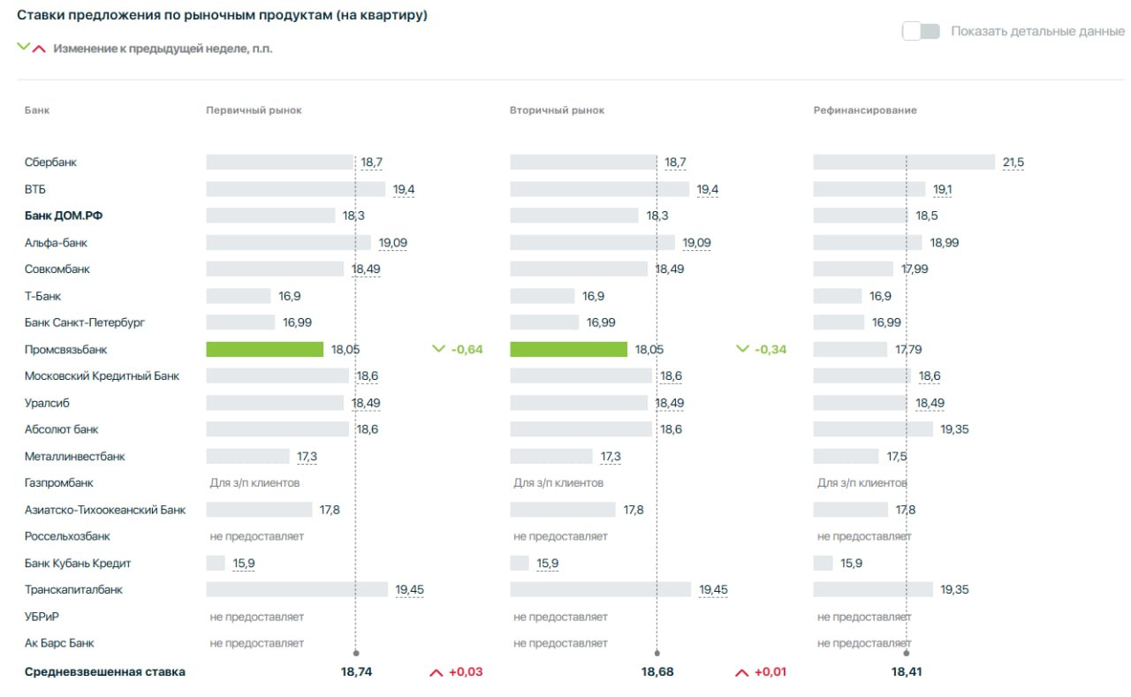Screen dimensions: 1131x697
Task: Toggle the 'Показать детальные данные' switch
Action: (921, 31)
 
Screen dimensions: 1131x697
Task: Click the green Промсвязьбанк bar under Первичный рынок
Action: (264, 349)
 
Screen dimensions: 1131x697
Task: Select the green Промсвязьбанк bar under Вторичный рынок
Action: (568, 349)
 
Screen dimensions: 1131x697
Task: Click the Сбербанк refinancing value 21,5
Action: (1013, 163)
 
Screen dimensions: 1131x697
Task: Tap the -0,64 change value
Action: (467, 349)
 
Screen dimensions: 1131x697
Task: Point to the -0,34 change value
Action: (770, 349)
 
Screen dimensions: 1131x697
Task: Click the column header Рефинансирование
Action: (865, 110)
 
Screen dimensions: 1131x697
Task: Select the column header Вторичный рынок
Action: (557, 110)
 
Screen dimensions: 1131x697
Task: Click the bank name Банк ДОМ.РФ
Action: (64, 216)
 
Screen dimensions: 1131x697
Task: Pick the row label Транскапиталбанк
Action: (73, 589)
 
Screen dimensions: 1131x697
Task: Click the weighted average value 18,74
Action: (356, 671)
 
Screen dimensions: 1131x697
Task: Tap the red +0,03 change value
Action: (466, 671)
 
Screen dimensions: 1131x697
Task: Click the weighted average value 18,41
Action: (907, 671)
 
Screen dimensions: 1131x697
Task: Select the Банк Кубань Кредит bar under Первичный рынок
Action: (216, 563)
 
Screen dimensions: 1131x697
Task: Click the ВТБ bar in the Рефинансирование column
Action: (869, 189)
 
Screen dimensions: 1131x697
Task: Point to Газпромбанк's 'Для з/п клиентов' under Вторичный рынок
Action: (558, 483)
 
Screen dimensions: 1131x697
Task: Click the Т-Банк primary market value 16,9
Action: (290, 296)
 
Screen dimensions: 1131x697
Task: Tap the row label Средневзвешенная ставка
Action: (105, 671)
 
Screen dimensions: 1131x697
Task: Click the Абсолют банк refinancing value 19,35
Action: (955, 429)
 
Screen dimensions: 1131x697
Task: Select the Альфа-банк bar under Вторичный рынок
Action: (592, 243)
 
